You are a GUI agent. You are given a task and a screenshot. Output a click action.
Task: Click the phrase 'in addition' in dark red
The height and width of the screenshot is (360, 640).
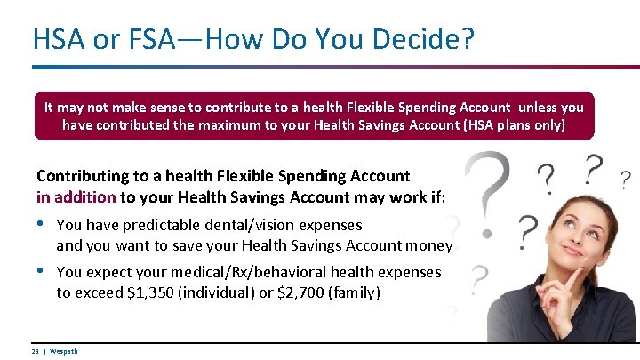[76, 196]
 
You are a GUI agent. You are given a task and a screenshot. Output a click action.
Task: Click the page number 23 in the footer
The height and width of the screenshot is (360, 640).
[35, 351]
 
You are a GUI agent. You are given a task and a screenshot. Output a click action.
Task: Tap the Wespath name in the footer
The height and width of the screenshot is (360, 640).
[64, 351]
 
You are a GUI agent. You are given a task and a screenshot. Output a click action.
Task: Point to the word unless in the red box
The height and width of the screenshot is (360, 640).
[543, 107]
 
